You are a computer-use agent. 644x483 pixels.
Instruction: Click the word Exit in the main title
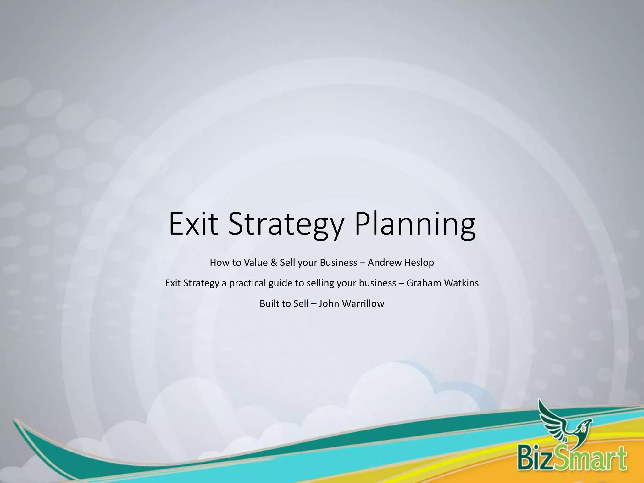pyautogui.click(x=193, y=224)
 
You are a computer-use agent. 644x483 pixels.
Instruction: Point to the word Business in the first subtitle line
pyautogui.click(x=338, y=263)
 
